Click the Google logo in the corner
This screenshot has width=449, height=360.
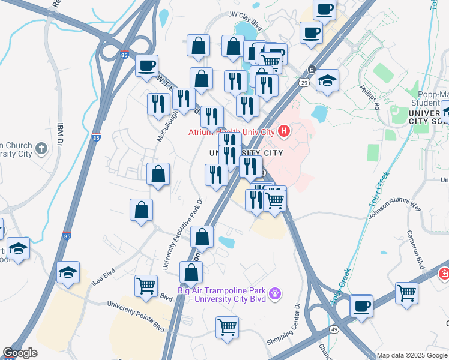[x=20, y=353]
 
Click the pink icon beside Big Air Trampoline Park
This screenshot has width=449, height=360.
[x=276, y=293]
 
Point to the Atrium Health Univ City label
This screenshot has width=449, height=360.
[x=231, y=132]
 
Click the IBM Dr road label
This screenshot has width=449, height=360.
[x=60, y=133]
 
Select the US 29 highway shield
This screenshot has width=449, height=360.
[x=304, y=82]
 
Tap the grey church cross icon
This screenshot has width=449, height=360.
[x=41, y=148]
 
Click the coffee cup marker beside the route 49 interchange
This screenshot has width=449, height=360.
[x=361, y=306]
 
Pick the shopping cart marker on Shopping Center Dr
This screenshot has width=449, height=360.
[x=227, y=328]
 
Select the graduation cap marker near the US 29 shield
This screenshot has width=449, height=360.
[x=327, y=80]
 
